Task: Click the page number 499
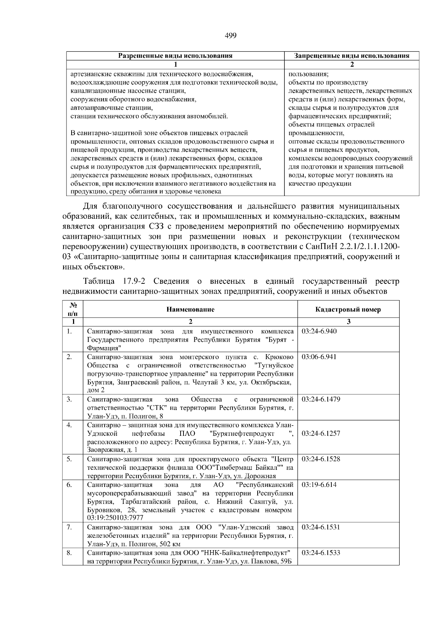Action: [x=231, y=35]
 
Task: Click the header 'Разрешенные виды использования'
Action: [x=175, y=56]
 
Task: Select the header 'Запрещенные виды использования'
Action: [x=351, y=56]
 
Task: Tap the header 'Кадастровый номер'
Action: [x=348, y=310]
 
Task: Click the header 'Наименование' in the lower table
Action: [x=190, y=310]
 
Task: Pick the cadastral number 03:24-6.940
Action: [x=319, y=331]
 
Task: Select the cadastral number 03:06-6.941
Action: [x=319, y=357]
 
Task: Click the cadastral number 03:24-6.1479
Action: [x=321, y=399]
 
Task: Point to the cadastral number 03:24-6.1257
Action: [x=321, y=433]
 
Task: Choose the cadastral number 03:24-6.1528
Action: [x=321, y=459]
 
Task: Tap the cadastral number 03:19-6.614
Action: [x=319, y=485]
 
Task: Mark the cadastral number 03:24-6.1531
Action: [x=321, y=527]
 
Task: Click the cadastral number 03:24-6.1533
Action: [x=321, y=553]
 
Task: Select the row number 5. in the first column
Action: [x=69, y=459]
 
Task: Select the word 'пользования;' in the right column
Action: [x=308, y=74]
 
